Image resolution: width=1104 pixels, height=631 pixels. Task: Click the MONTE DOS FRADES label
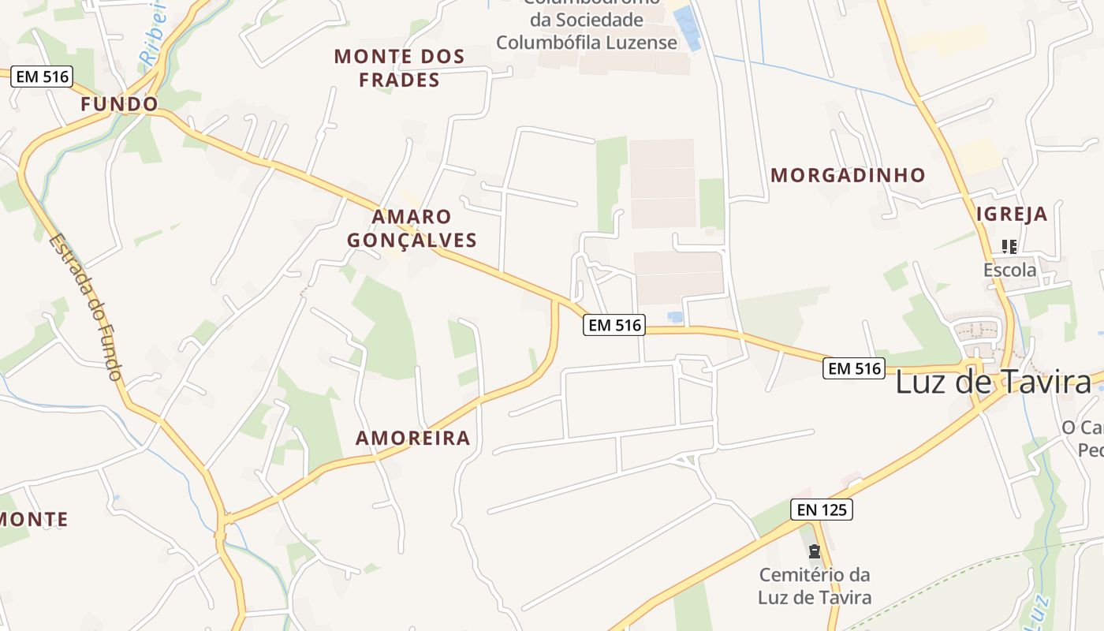(399, 68)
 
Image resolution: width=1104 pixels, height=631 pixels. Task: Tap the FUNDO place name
(119, 104)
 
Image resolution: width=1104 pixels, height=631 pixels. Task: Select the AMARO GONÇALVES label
(412, 228)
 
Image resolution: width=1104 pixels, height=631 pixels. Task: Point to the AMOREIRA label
(412, 439)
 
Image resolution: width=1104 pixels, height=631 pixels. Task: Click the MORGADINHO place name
(848, 175)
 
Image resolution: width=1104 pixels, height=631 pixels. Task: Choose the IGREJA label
(1012, 214)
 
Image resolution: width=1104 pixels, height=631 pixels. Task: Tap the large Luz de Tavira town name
(993, 383)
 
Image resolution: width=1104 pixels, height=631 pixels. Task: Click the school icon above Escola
(1009, 247)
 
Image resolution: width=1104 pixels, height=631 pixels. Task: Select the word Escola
(1009, 271)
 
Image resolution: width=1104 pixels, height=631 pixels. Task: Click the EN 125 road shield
(822, 510)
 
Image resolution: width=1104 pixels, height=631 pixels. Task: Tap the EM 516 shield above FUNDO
(42, 77)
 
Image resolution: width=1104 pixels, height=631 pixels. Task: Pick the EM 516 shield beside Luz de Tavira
(854, 368)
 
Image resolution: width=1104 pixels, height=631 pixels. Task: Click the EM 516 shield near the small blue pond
(614, 324)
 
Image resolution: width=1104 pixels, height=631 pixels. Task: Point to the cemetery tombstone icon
(815, 551)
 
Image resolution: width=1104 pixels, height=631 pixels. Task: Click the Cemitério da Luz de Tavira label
(815, 586)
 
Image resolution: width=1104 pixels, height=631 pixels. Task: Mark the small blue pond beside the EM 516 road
(675, 317)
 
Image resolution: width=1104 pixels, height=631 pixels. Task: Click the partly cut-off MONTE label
(33, 520)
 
